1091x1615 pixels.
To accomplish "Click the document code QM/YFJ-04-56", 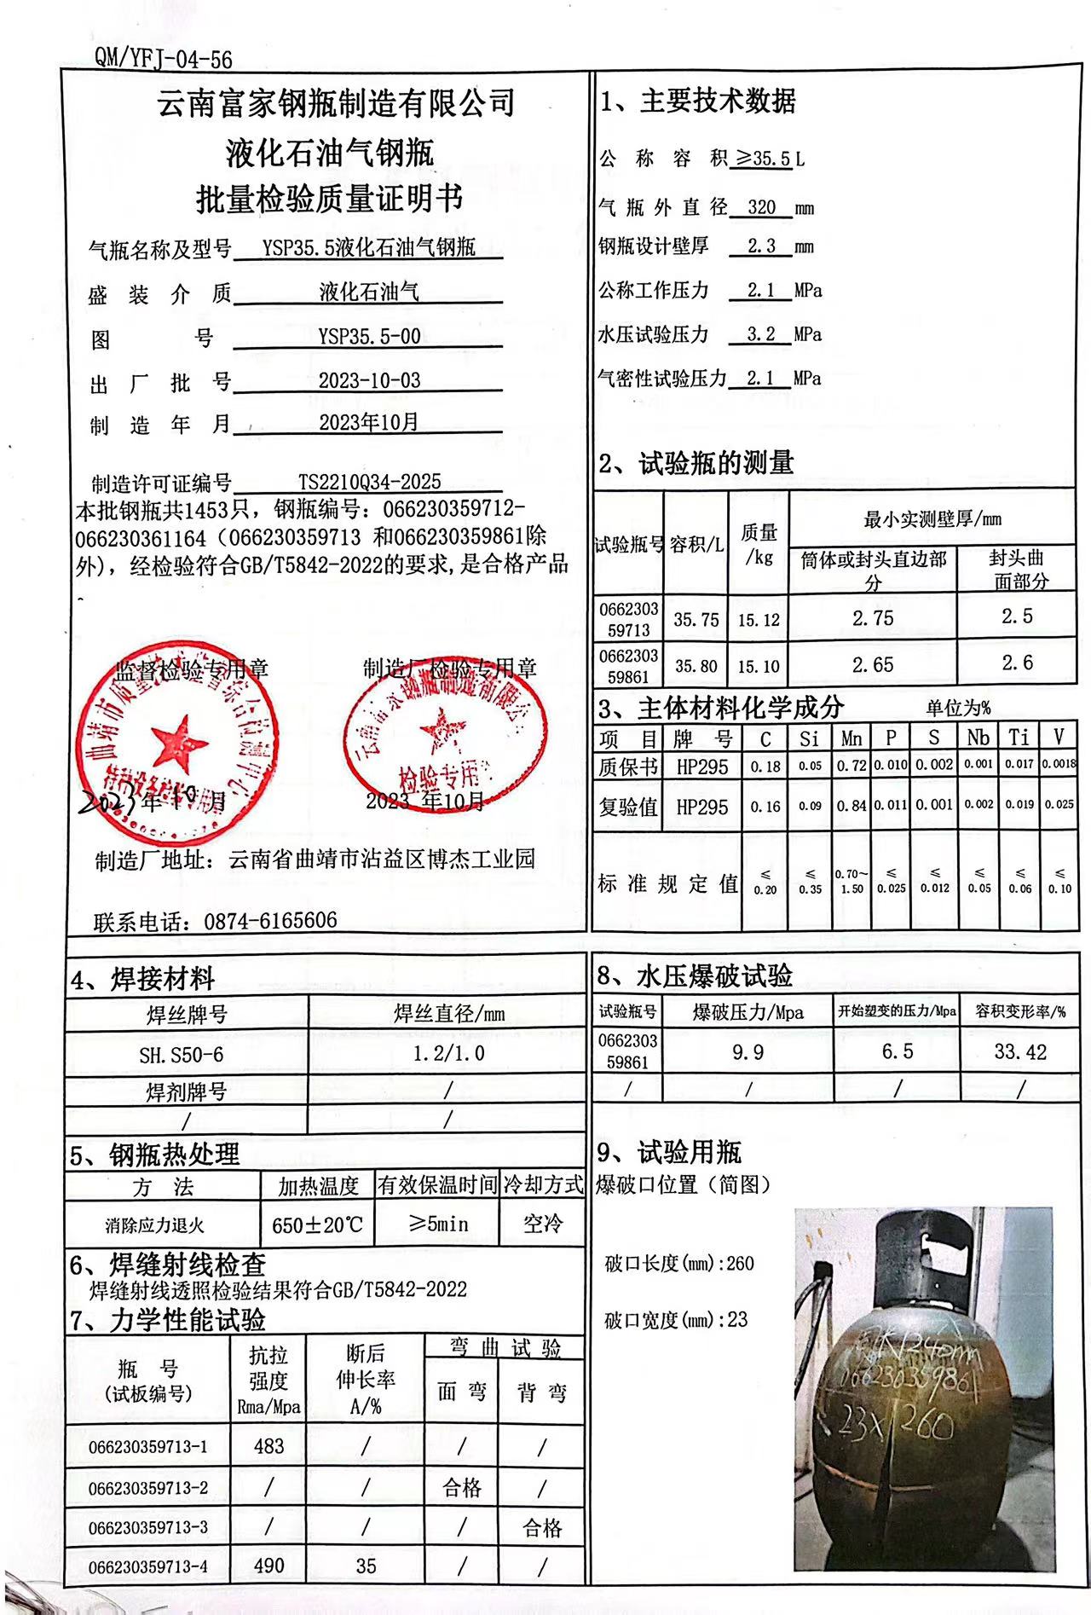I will [x=163, y=58].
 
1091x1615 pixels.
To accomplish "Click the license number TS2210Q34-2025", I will [x=370, y=483].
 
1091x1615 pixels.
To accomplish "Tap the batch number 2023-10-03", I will [x=369, y=380].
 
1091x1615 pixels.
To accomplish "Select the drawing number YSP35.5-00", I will [x=369, y=336].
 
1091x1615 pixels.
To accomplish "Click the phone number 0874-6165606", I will [x=270, y=921].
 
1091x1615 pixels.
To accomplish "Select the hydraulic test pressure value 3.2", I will [x=761, y=334].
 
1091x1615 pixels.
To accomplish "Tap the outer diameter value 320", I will [x=761, y=207].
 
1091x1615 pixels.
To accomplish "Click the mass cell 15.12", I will [x=759, y=620].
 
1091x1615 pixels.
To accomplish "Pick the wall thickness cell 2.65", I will [x=873, y=665].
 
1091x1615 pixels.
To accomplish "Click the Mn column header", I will [x=851, y=738].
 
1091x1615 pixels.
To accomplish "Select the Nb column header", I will [x=978, y=738].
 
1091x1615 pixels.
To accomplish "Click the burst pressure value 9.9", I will [x=748, y=1052].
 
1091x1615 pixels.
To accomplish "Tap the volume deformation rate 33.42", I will [x=1019, y=1052].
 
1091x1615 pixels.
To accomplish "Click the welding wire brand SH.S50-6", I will [x=182, y=1055].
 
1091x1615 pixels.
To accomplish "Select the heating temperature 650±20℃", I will [x=317, y=1225].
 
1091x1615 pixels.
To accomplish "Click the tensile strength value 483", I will [x=268, y=1446].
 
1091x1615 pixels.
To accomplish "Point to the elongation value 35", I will [x=366, y=1566].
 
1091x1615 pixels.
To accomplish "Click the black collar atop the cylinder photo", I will [x=919, y=1253].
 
